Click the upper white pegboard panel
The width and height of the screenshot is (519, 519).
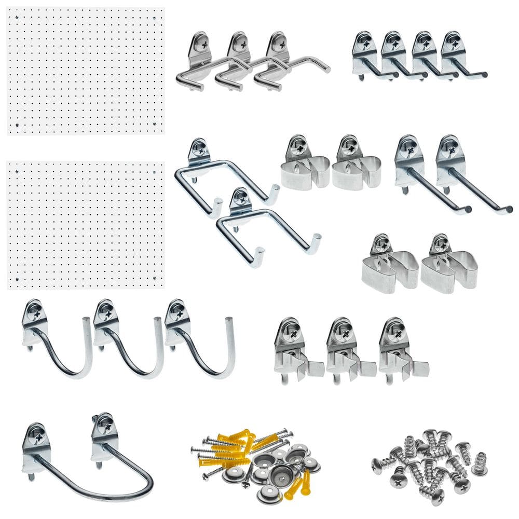pyautogui.click(x=86, y=71)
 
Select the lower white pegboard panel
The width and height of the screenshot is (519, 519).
pyautogui.click(x=86, y=225)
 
